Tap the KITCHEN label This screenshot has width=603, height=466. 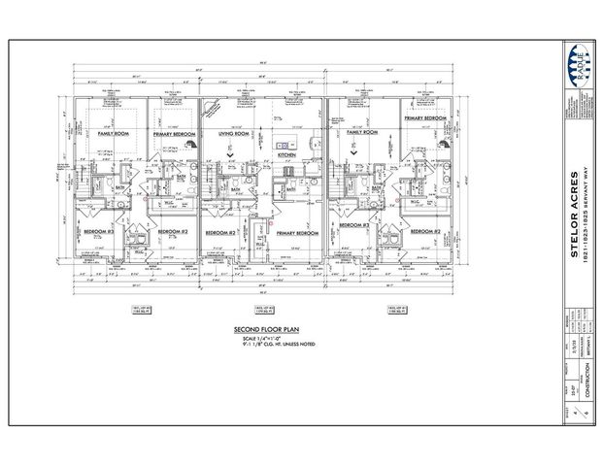(x=287, y=154)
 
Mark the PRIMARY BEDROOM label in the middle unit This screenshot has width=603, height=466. (x=297, y=234)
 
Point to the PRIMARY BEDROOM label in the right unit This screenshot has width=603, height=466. (x=425, y=117)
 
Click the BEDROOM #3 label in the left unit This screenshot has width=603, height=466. (x=99, y=232)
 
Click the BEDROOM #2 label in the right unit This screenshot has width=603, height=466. (x=424, y=232)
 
